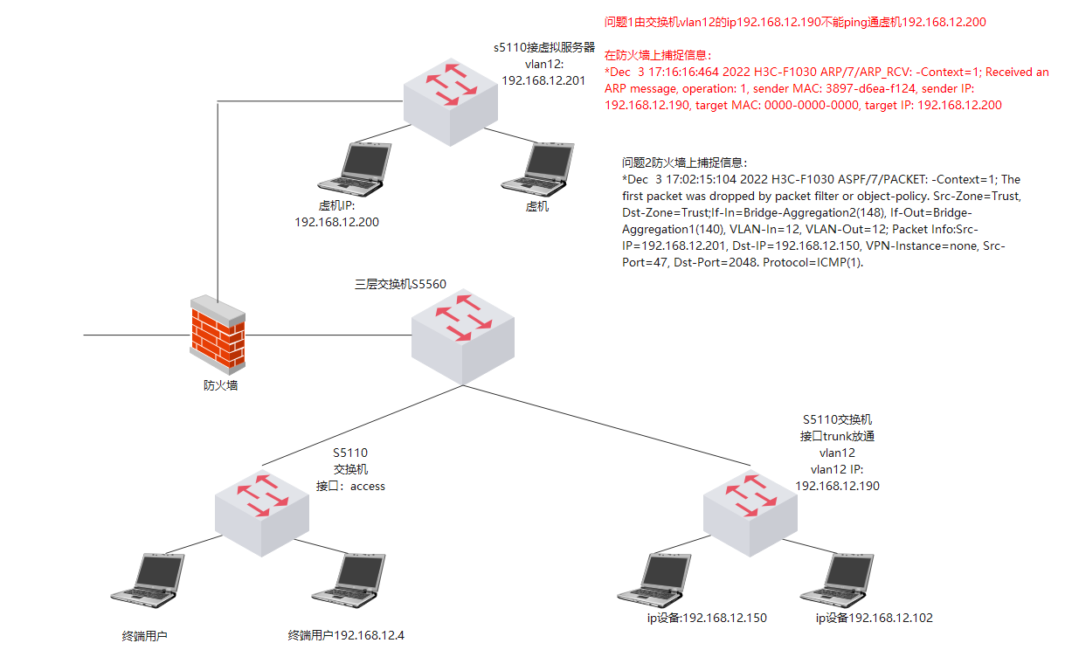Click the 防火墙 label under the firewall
click(x=215, y=384)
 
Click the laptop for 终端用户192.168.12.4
click(x=349, y=579)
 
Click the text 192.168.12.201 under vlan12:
click(x=542, y=80)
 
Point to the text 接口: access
click(x=349, y=486)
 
